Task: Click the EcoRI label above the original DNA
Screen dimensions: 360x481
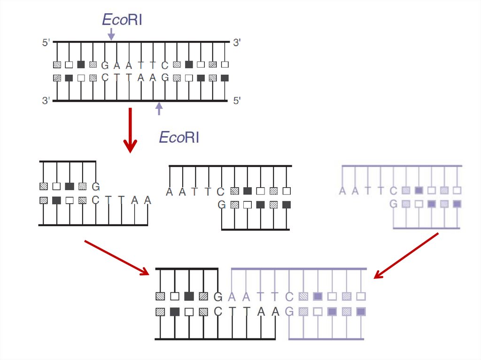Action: (x=122, y=20)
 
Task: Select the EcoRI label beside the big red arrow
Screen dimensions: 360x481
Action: (x=179, y=137)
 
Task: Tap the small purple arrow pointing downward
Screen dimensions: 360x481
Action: (x=111, y=33)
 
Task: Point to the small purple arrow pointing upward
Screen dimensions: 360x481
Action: (x=159, y=108)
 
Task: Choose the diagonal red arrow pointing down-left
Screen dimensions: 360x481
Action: (x=406, y=256)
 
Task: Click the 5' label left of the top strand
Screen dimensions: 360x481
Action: (x=46, y=43)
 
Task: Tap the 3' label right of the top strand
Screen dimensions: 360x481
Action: (x=237, y=43)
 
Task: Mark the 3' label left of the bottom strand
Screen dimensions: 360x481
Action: (x=46, y=100)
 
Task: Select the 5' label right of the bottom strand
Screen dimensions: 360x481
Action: (x=237, y=100)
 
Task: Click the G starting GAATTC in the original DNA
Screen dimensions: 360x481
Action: (x=105, y=65)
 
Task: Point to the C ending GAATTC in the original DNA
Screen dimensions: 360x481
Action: (x=165, y=65)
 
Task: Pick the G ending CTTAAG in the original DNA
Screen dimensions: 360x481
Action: (x=165, y=77)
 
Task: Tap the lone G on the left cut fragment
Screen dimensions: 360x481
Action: (x=96, y=187)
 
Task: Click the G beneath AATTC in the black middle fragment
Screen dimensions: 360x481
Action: (x=222, y=204)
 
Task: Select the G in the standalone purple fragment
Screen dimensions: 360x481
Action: (x=394, y=204)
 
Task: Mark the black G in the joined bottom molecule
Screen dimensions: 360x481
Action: (x=217, y=297)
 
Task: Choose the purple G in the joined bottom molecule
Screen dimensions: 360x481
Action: (x=290, y=311)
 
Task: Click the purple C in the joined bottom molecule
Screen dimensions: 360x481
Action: (x=290, y=297)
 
